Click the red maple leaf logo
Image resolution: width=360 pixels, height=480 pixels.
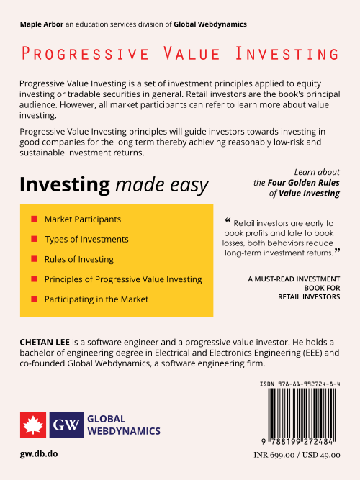[33, 425]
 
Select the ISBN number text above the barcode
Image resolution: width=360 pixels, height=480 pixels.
[300, 385]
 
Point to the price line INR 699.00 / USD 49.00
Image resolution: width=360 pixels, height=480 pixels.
[297, 455]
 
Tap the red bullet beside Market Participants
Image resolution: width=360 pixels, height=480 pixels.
[34, 219]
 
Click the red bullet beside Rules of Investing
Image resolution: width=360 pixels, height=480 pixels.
[34, 258]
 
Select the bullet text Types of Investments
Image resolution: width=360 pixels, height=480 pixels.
[86, 239]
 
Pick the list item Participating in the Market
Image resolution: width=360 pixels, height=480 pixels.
[96, 299]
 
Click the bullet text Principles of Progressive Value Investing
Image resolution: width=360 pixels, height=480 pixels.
[123, 279]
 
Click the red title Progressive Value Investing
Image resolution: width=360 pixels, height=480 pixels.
[180, 54]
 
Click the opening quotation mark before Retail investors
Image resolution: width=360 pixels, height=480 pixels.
[228, 220]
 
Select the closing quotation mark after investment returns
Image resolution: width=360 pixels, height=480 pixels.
[337, 252]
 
